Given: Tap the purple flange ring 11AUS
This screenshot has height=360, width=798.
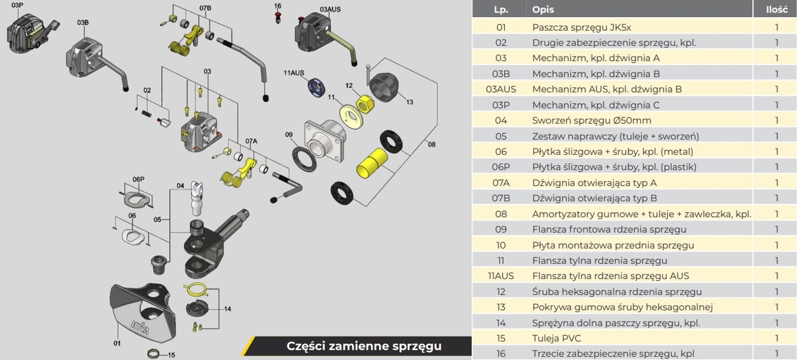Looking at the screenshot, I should (x=316, y=87).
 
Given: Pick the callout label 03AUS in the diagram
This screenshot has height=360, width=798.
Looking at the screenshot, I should (x=330, y=10).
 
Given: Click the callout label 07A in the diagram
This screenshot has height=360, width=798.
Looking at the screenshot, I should (x=251, y=141).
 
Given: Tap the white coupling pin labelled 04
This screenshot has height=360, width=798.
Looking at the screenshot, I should (x=197, y=198).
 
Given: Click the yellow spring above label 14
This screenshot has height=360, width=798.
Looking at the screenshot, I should (x=198, y=290).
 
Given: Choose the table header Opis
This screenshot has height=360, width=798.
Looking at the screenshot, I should (x=543, y=10).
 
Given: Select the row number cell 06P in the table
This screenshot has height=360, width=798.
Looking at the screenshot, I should (x=501, y=167).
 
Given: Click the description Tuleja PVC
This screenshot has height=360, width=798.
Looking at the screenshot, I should (x=556, y=338).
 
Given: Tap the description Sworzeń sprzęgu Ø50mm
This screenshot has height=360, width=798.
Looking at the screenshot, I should (x=591, y=120).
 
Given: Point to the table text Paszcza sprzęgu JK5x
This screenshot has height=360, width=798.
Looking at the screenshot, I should (x=581, y=27).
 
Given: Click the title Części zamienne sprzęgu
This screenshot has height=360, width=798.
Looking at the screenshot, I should (x=364, y=346).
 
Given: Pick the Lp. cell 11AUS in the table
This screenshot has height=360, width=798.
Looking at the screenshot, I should (x=501, y=276).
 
